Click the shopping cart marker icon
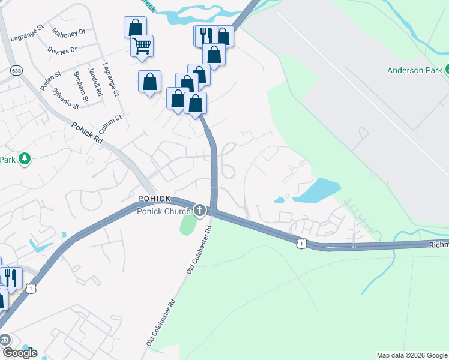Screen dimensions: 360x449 (x=142, y=46)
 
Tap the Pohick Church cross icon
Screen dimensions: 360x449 (x=199, y=211)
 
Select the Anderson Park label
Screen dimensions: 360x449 (x=414, y=70)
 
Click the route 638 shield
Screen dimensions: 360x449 (x=16, y=71)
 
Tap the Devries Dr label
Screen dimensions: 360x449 (x=64, y=50)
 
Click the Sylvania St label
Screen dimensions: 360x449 (x=65, y=97)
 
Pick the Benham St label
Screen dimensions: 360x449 (x=80, y=85)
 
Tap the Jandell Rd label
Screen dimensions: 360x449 (x=93, y=78)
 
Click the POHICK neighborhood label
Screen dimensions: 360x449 (x=155, y=199)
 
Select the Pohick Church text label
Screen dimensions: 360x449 (x=164, y=211)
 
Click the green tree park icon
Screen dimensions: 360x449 (x=25, y=159)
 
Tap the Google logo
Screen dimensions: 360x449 (x=20, y=352)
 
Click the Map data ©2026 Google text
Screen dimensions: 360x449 (x=412, y=355)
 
